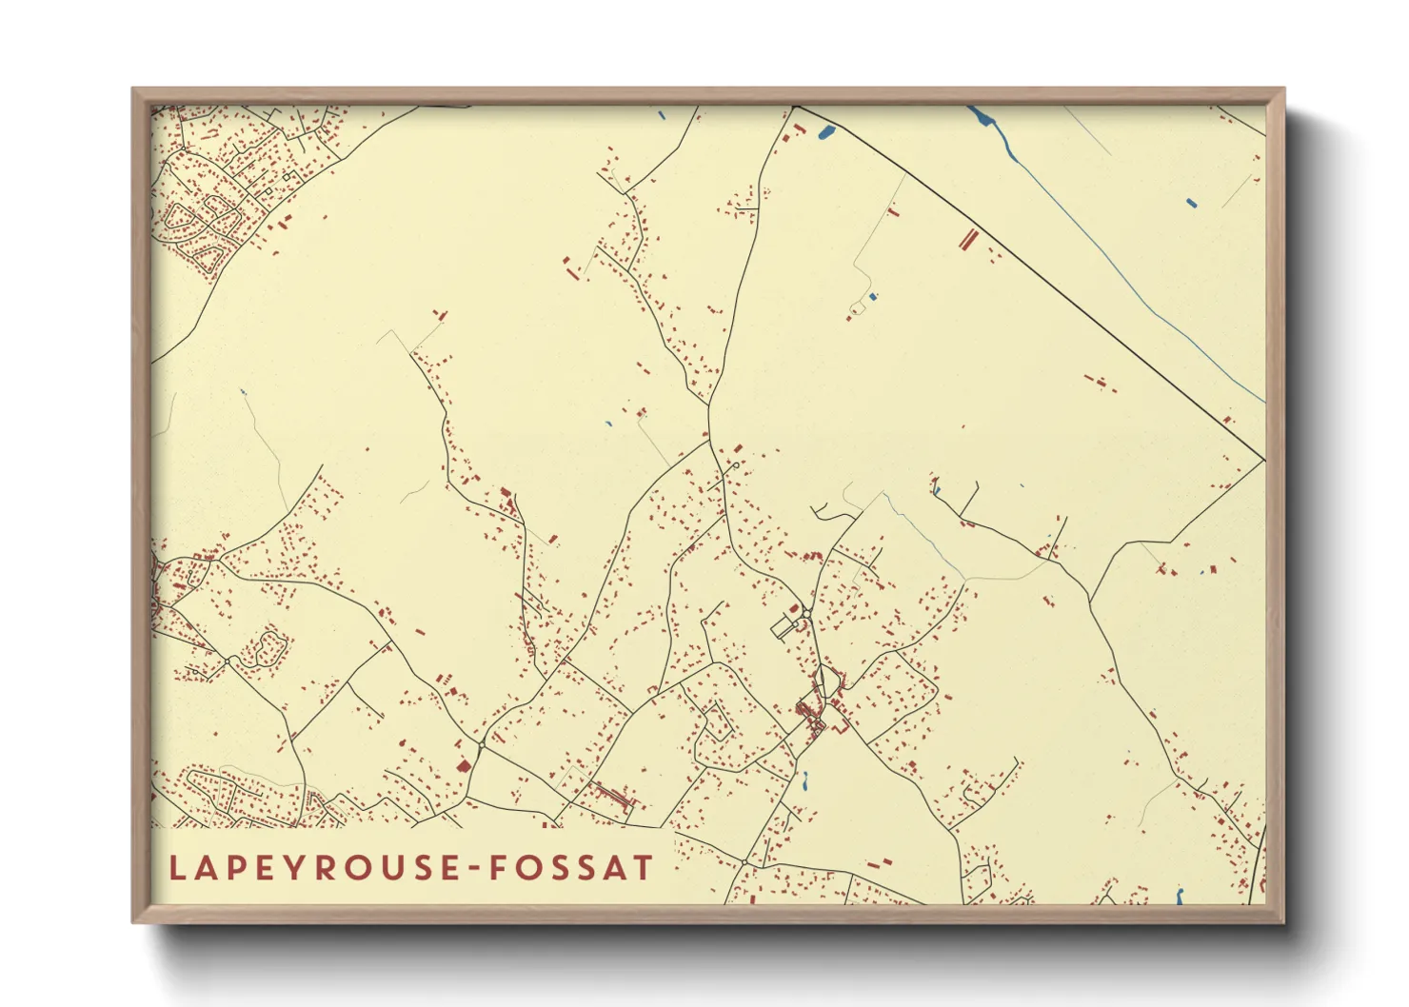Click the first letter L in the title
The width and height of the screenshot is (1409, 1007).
177,868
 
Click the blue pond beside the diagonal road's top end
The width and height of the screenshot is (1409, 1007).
825,132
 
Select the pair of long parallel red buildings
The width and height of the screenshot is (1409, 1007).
968,238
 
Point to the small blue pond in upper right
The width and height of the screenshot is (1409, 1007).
1191,202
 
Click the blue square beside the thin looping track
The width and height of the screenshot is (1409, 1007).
873,297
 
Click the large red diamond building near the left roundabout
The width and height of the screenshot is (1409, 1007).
464,765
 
